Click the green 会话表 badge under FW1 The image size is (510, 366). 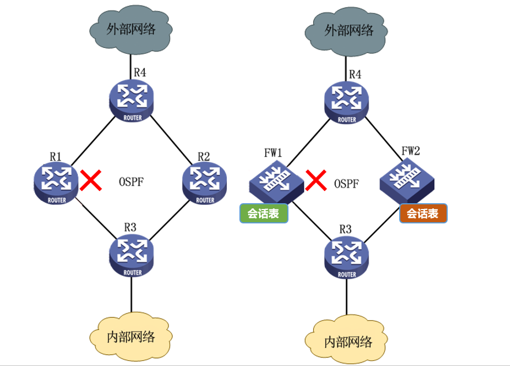coord(264,214)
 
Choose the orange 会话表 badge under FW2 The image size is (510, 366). coord(423,214)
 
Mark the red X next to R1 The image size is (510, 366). coord(91,181)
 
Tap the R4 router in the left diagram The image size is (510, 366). coord(132,99)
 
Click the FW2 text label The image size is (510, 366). coord(410,151)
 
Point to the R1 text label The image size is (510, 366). coord(56,156)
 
